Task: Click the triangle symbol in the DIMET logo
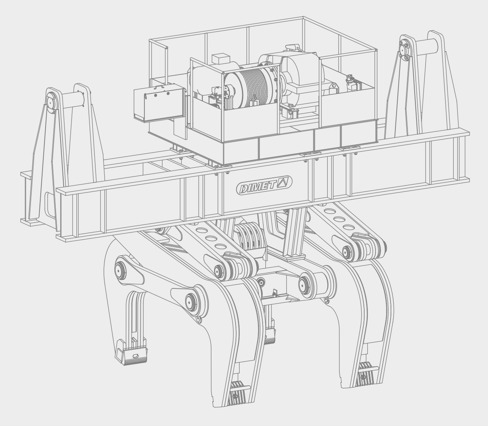[283, 182]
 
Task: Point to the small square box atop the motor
[220, 59]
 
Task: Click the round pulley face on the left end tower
[50, 102]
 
